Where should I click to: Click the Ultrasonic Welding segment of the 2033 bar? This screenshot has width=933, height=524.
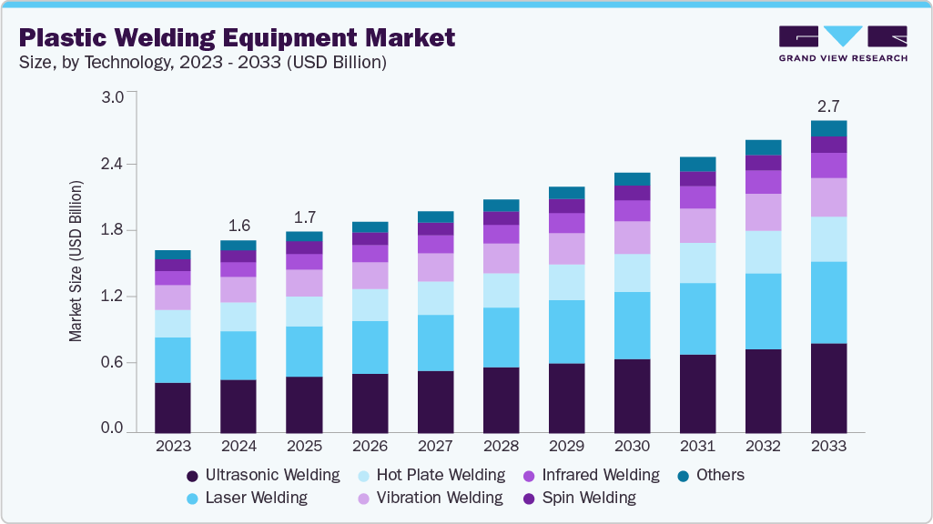tap(828, 387)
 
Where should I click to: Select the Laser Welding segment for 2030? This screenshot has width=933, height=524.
tap(632, 325)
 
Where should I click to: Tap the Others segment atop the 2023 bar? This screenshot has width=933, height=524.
tap(173, 255)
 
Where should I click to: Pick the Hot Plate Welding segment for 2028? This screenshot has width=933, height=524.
tap(501, 290)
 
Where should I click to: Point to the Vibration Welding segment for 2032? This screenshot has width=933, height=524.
tap(763, 212)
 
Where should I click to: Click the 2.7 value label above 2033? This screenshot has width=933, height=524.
tap(828, 106)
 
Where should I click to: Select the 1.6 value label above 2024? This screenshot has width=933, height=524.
tap(238, 226)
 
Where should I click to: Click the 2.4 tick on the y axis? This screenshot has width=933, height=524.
tap(112, 164)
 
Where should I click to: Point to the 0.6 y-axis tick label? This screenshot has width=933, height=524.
tap(112, 363)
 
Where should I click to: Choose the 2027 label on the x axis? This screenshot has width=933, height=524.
tap(435, 447)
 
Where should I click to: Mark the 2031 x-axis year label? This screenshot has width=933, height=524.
tap(697, 447)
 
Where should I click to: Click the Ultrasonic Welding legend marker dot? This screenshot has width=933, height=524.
tap(192, 476)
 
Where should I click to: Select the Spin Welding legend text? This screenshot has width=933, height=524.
tap(589, 498)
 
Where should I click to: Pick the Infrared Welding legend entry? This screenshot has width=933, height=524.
tap(600, 475)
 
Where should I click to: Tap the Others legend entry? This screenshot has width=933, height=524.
tap(720, 475)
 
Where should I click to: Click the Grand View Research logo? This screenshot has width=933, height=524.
tap(842, 43)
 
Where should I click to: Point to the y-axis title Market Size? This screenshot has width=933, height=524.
tap(76, 262)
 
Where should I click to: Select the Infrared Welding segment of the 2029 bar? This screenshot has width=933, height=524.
tap(566, 223)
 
